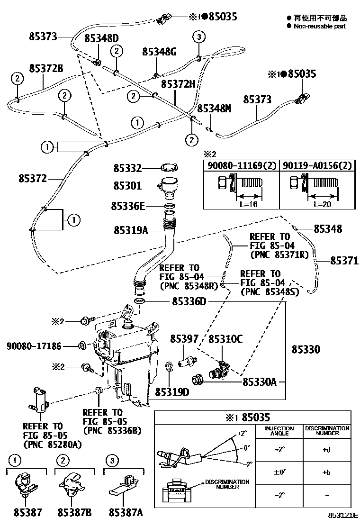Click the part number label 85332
127,168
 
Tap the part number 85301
127,187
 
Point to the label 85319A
131,230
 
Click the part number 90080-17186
34,346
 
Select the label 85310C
225,339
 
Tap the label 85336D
189,301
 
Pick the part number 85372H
178,84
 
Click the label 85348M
214,109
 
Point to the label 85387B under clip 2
74,512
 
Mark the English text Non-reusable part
319,27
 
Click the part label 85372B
46,68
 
